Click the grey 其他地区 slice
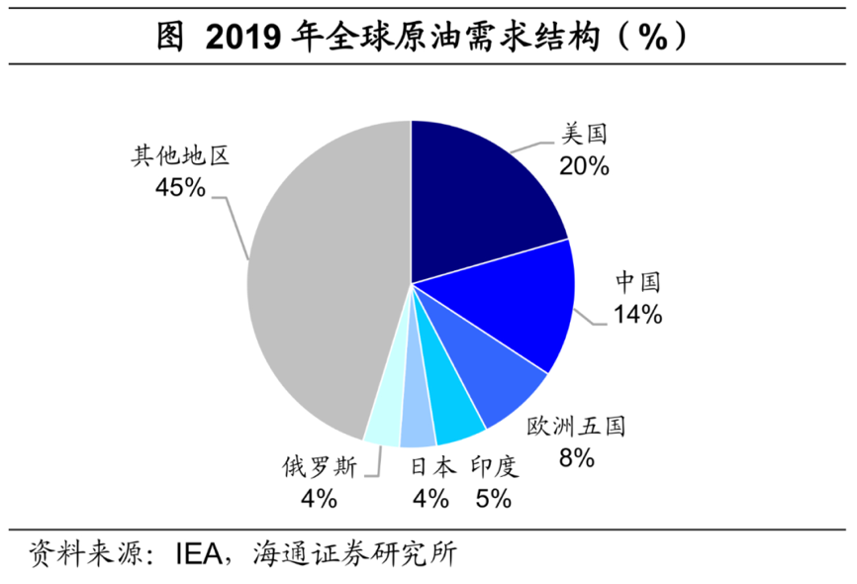317,287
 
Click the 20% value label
583,165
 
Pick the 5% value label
493,498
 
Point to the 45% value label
179,187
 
